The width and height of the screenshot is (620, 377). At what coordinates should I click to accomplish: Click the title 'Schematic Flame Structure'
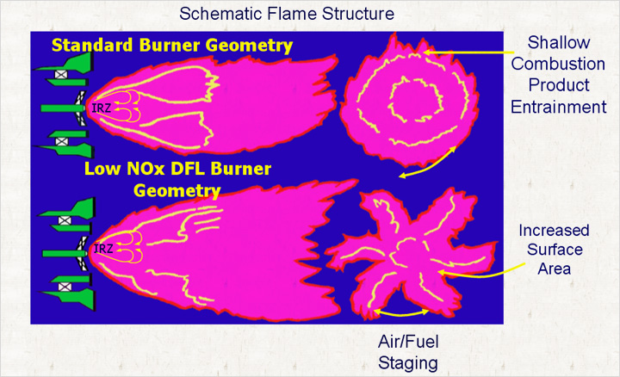click(x=287, y=14)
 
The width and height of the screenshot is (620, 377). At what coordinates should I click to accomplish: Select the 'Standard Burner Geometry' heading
click(x=172, y=45)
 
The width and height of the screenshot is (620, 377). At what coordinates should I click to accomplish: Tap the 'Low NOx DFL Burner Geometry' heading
click(x=177, y=179)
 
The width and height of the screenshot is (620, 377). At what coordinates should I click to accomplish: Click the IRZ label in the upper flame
click(x=102, y=108)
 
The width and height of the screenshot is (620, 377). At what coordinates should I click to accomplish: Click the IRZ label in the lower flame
click(x=103, y=249)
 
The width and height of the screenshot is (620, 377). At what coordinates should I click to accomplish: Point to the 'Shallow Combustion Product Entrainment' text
click(x=558, y=75)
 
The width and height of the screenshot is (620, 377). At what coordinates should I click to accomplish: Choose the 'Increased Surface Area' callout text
click(x=555, y=250)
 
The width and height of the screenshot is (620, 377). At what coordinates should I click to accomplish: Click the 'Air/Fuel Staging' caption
click(x=408, y=352)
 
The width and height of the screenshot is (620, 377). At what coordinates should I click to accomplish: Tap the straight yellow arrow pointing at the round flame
click(x=468, y=53)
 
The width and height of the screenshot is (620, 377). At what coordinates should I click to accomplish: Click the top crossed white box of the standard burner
click(x=61, y=74)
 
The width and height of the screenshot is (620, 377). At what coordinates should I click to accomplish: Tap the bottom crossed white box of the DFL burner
click(x=65, y=287)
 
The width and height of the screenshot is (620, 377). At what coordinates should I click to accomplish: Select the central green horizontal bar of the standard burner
click(x=63, y=108)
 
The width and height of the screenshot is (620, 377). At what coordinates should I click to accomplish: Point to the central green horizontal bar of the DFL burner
click(x=65, y=253)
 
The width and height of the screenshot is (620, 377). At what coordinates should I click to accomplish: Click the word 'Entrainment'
click(x=558, y=107)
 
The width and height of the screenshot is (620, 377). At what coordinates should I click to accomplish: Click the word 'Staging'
click(x=408, y=363)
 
